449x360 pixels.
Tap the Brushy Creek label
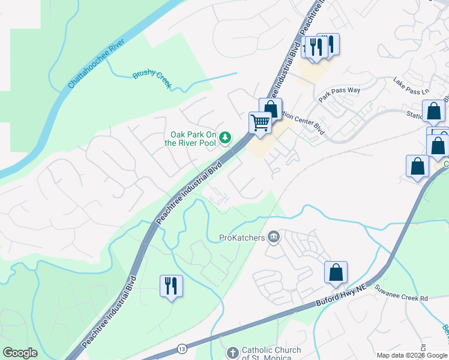(x=152, y=78)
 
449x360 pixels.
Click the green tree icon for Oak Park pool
(x=225, y=138)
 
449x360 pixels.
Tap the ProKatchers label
(x=242, y=238)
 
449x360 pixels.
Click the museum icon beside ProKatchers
(x=274, y=238)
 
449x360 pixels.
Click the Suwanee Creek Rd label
(x=403, y=298)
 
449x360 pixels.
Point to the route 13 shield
(x=182, y=349)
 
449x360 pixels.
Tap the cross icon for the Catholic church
(x=233, y=352)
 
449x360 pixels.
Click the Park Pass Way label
(x=339, y=92)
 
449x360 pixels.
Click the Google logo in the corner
(x=20, y=353)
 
